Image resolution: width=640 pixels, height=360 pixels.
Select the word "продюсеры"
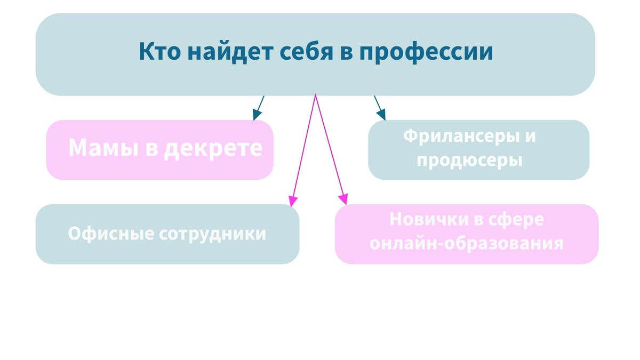(469, 160)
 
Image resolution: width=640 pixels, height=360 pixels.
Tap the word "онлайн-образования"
(467, 243)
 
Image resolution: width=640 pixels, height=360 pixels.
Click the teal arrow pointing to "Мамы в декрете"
(258, 108)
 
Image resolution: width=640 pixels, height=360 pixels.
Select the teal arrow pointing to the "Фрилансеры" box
(379, 108)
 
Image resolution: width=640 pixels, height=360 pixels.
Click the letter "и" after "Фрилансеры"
(530, 137)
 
